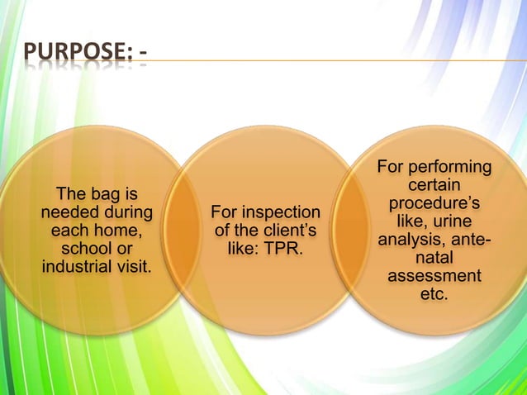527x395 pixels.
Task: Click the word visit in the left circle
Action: [135, 267]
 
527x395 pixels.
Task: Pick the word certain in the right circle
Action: [434, 187]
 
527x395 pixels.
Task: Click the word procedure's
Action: [434, 204]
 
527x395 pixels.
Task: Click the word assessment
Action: [434, 276]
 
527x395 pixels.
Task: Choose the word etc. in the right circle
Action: [434, 294]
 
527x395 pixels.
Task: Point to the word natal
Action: [434, 258]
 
